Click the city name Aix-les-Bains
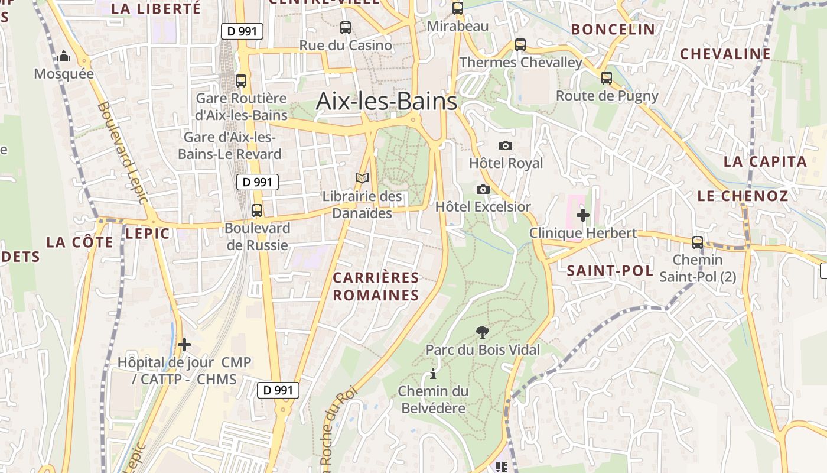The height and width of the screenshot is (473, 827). (x=387, y=101)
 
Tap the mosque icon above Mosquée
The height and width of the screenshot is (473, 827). (x=64, y=57)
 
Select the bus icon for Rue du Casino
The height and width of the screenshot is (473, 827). (x=346, y=27)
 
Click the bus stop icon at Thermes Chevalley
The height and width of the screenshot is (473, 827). (x=520, y=44)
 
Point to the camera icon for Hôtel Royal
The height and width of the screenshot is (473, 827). (x=506, y=145)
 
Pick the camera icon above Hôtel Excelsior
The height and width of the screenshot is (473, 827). (x=483, y=189)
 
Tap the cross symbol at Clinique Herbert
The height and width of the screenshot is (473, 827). (x=583, y=215)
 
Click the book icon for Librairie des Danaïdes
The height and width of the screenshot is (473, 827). (x=362, y=178)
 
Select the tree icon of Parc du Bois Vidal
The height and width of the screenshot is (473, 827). (x=483, y=332)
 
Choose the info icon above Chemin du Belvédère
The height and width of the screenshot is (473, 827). (x=433, y=374)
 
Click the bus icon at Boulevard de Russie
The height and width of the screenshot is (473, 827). (x=256, y=210)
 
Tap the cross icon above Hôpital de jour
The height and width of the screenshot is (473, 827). (x=184, y=344)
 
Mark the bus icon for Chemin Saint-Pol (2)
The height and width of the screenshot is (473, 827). (x=698, y=242)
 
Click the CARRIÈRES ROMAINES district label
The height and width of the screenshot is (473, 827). (x=376, y=286)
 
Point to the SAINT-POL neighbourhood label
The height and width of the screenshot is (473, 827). (x=610, y=271)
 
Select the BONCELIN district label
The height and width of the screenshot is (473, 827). (x=613, y=29)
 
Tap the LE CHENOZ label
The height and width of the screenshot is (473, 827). (x=743, y=196)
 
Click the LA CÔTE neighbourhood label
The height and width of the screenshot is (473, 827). (x=80, y=242)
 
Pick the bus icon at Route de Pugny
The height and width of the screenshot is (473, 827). (x=607, y=77)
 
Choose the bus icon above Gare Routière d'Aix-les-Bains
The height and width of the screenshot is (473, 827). (x=241, y=81)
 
